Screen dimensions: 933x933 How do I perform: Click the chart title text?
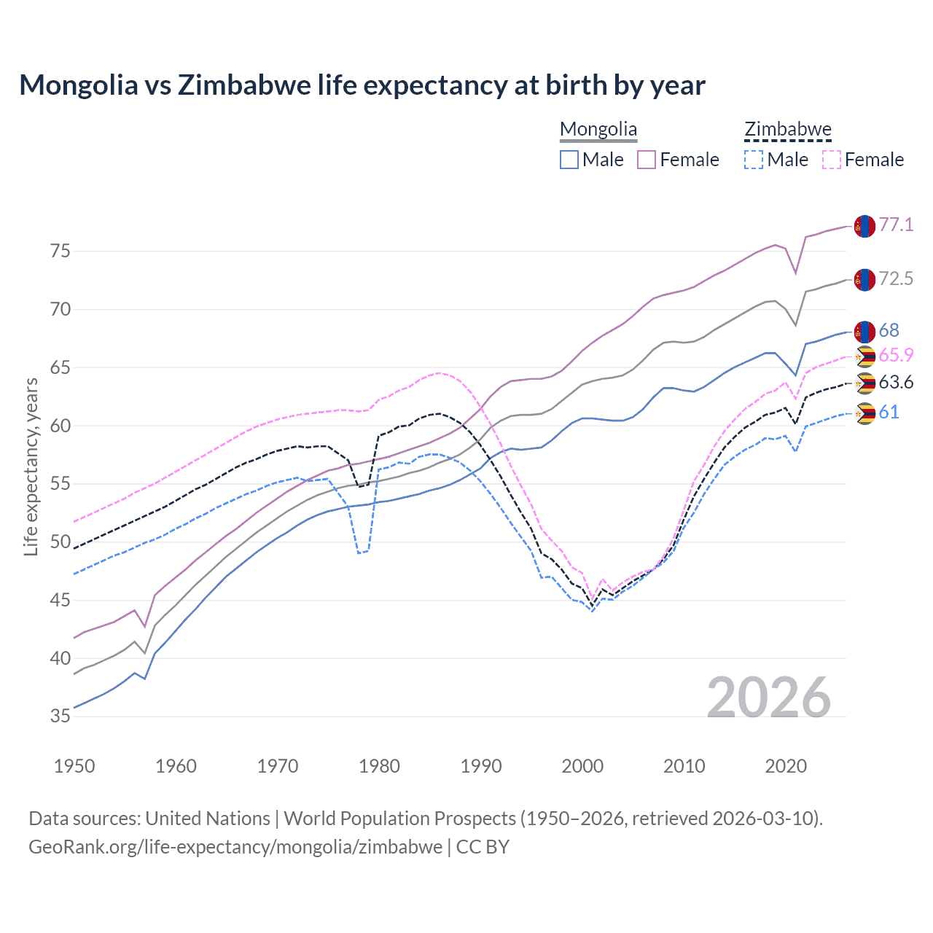tap(362, 85)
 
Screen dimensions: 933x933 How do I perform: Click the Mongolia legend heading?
tap(598, 130)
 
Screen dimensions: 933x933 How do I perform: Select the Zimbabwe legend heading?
tap(787, 130)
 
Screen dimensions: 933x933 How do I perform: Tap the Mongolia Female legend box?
tap(647, 160)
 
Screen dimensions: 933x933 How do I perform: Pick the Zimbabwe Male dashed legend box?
tap(754, 160)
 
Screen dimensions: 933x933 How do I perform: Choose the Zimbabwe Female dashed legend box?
tap(831, 160)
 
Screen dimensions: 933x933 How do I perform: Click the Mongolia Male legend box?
tap(569, 160)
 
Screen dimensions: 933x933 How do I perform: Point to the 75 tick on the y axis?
tap(60, 251)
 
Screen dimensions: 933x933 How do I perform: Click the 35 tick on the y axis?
tap(60, 717)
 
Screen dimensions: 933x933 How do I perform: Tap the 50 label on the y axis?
tap(60, 542)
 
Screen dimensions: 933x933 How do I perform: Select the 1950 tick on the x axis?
tap(75, 766)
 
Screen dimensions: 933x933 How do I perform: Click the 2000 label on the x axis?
tap(582, 766)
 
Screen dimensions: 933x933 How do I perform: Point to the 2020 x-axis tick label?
tap(786, 766)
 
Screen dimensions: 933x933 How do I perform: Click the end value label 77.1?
tap(896, 225)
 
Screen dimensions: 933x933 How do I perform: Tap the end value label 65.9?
tap(896, 355)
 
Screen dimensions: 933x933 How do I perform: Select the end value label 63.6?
tap(896, 383)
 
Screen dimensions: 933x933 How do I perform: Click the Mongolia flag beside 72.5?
tap(864, 279)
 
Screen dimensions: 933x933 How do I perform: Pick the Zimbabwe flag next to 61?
tap(864, 413)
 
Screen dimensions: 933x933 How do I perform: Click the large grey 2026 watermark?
tap(769, 698)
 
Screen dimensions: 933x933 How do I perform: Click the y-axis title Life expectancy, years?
tap(31, 466)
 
